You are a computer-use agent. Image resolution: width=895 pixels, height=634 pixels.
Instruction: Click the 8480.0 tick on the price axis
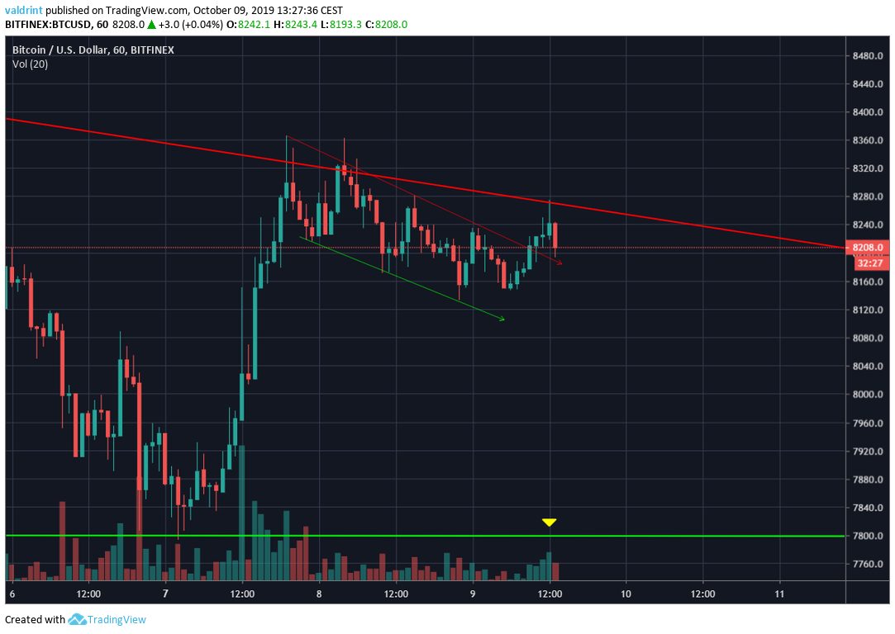tap(869, 55)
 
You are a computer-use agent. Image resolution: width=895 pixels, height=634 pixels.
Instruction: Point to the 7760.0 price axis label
tap(869, 564)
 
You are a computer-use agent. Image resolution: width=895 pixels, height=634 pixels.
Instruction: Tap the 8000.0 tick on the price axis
tap(869, 395)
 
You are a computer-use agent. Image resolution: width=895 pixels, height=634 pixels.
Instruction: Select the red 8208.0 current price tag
tap(869, 248)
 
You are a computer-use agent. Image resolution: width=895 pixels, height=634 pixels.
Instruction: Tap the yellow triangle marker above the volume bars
tap(549, 522)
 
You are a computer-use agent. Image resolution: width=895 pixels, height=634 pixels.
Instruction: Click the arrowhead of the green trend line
tap(501, 318)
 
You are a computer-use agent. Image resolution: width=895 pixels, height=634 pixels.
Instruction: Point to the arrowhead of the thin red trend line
tap(559, 263)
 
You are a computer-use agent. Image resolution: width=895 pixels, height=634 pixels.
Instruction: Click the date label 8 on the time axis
tap(319, 594)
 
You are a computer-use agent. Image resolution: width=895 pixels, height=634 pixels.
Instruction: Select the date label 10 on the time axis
tap(626, 594)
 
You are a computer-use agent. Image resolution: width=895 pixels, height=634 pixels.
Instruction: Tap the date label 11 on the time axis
tap(779, 594)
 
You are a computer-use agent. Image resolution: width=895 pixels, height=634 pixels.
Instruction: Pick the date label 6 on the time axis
tap(12, 594)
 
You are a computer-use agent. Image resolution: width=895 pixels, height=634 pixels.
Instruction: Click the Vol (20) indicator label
tap(30, 64)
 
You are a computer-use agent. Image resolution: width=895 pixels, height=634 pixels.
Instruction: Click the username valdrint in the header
tap(25, 11)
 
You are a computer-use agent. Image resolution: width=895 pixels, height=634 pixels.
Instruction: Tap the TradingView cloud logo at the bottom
tap(78, 619)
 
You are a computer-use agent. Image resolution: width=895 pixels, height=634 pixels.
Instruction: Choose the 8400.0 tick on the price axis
tap(869, 112)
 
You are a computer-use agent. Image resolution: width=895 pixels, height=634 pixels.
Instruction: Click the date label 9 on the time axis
tap(473, 594)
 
